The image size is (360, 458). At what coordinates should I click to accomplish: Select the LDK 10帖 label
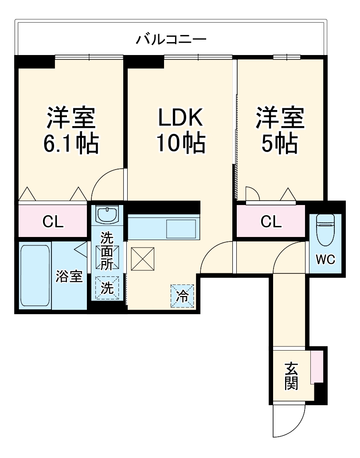[x=180, y=130]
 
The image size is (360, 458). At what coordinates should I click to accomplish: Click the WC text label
[x=326, y=259]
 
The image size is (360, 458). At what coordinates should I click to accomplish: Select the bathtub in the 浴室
[x=35, y=275]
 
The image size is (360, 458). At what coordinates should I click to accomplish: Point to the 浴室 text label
[x=69, y=276]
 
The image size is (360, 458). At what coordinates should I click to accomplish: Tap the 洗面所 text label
[x=107, y=251]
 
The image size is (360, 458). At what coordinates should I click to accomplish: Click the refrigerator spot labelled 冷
[x=182, y=296]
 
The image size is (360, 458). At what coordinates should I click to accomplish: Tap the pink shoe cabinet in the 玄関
[x=317, y=367]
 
